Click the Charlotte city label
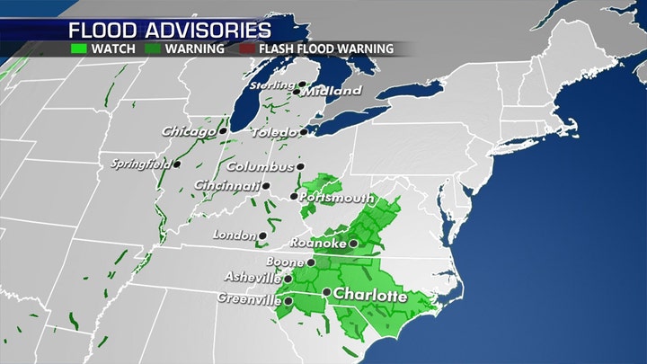coord(370,294)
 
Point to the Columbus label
coord(260,166)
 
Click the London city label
coord(233,235)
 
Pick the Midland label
coord(331,92)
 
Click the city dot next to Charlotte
coord(326,293)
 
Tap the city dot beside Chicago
coord(223,131)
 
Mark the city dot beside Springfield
coord(178,164)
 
